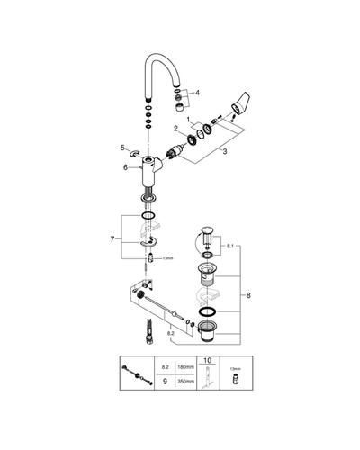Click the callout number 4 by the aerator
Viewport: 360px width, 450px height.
197,93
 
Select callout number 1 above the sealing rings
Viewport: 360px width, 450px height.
188,120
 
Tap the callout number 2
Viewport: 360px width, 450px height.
175,129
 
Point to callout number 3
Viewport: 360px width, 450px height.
225,151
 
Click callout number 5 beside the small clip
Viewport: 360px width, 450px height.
122,148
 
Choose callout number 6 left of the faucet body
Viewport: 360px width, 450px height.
125,167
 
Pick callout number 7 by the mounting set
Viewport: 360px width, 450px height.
112,239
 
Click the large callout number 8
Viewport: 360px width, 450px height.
248,295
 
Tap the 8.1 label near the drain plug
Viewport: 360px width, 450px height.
230,246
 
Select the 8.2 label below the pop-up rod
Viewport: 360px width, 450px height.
171,333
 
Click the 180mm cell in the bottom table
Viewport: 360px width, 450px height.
186,367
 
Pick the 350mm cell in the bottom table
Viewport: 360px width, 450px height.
186,382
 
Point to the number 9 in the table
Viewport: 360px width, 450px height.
165,382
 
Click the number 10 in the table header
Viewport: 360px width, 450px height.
208,360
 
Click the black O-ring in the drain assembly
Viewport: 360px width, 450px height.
207,311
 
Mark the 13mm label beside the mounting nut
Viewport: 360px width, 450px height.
168,258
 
